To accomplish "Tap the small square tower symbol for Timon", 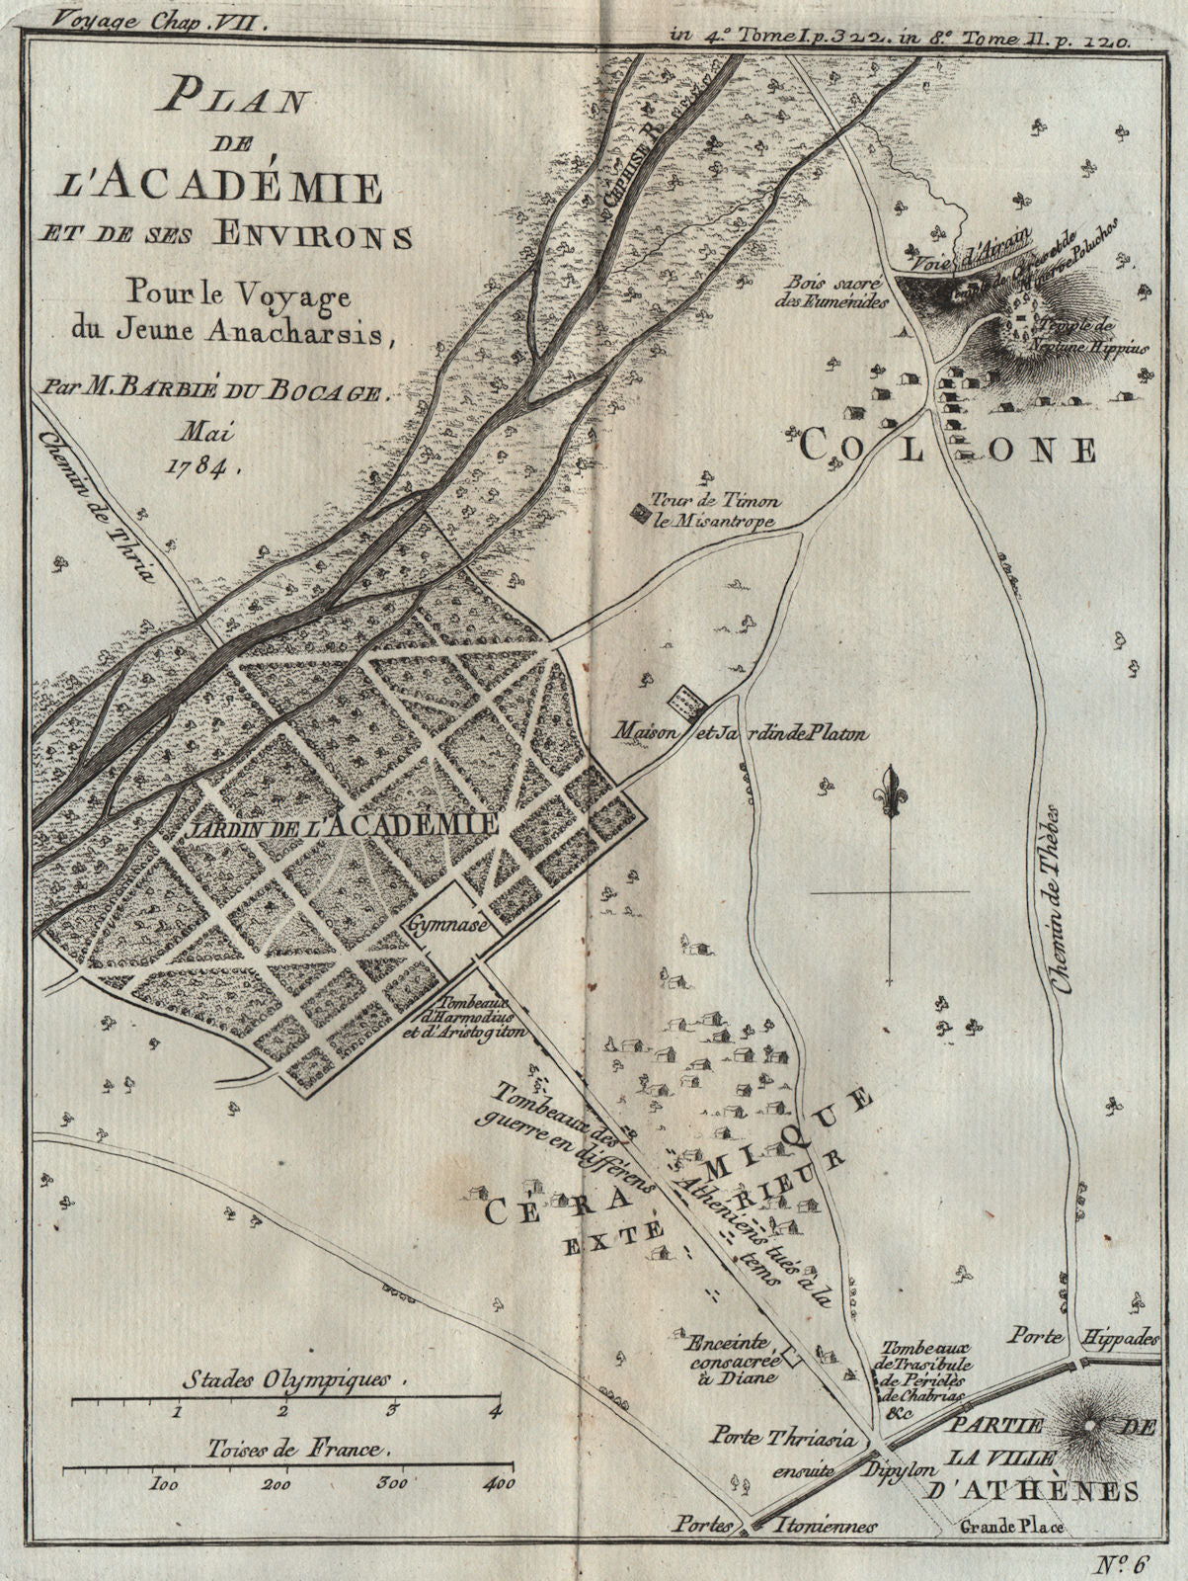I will point(639,513).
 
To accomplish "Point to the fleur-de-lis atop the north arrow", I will point(891,790).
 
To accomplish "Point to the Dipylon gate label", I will point(898,1468).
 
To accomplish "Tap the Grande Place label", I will point(1014,1529).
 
